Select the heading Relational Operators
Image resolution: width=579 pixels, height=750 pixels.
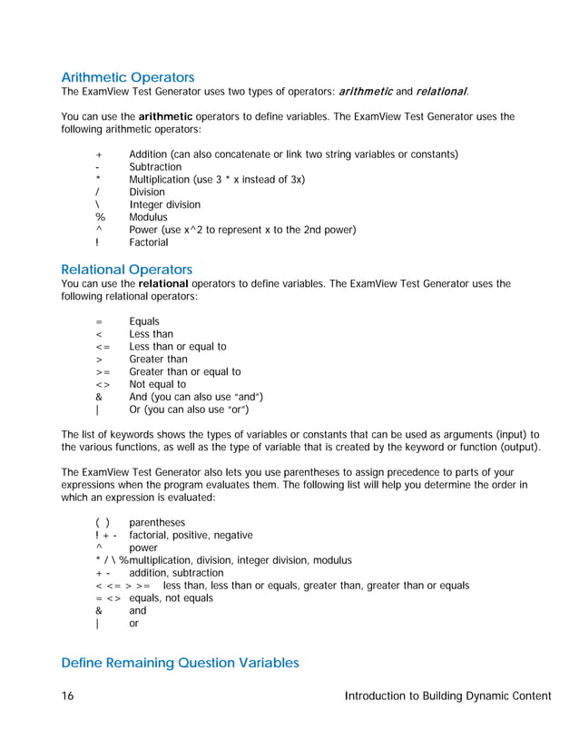tap(126, 270)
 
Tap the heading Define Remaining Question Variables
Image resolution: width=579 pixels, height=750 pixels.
tap(180, 663)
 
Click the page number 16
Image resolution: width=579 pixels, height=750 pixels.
tap(68, 696)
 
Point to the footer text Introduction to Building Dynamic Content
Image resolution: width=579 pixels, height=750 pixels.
tap(448, 696)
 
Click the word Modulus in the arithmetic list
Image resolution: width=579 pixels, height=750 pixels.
tap(148, 218)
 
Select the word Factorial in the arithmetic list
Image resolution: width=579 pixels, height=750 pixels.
tap(148, 242)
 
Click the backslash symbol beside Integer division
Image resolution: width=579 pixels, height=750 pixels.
tap(97, 205)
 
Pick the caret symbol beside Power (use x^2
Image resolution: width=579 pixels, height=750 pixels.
tap(98, 230)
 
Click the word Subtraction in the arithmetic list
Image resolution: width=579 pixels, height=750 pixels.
tap(155, 167)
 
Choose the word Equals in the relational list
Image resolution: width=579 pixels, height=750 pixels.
tap(144, 321)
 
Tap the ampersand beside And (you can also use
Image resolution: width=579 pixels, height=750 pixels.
tap(98, 397)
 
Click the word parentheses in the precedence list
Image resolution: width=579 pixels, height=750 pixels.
tap(157, 523)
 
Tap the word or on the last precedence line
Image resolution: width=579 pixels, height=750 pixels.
tap(135, 624)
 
